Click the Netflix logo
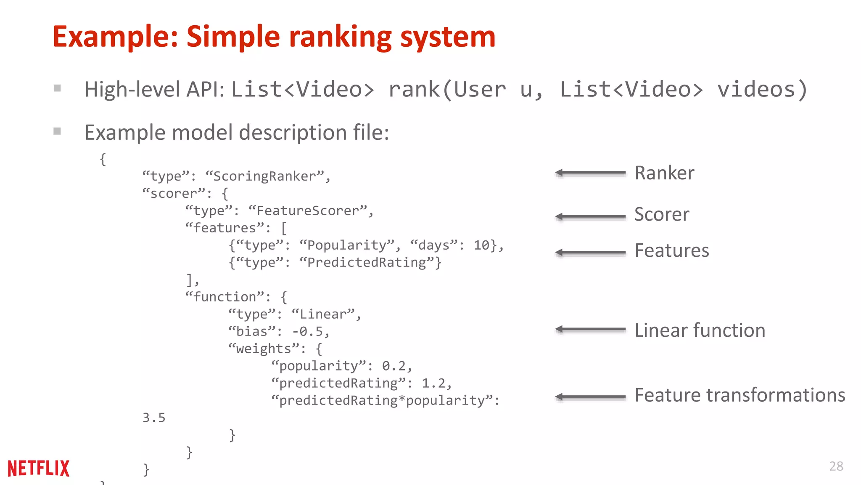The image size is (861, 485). [x=38, y=468]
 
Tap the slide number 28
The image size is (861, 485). [x=836, y=466]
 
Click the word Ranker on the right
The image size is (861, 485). [x=664, y=173]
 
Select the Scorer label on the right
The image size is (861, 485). [x=662, y=214]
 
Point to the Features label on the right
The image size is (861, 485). [x=671, y=250]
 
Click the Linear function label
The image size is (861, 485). [x=700, y=330]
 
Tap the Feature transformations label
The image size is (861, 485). [x=740, y=395]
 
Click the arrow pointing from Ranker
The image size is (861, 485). [x=590, y=173]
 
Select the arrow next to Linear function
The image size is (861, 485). [x=590, y=329]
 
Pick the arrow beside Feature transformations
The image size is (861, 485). [x=590, y=397]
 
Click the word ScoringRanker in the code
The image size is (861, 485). [x=264, y=176]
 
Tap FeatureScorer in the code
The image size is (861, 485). [x=307, y=211]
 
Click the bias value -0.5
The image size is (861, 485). [x=308, y=332]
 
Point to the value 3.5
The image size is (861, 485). [x=154, y=418]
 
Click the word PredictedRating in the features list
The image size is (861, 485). [x=367, y=262]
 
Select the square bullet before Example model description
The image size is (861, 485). [x=58, y=131]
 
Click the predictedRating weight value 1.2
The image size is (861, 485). [x=433, y=383]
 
